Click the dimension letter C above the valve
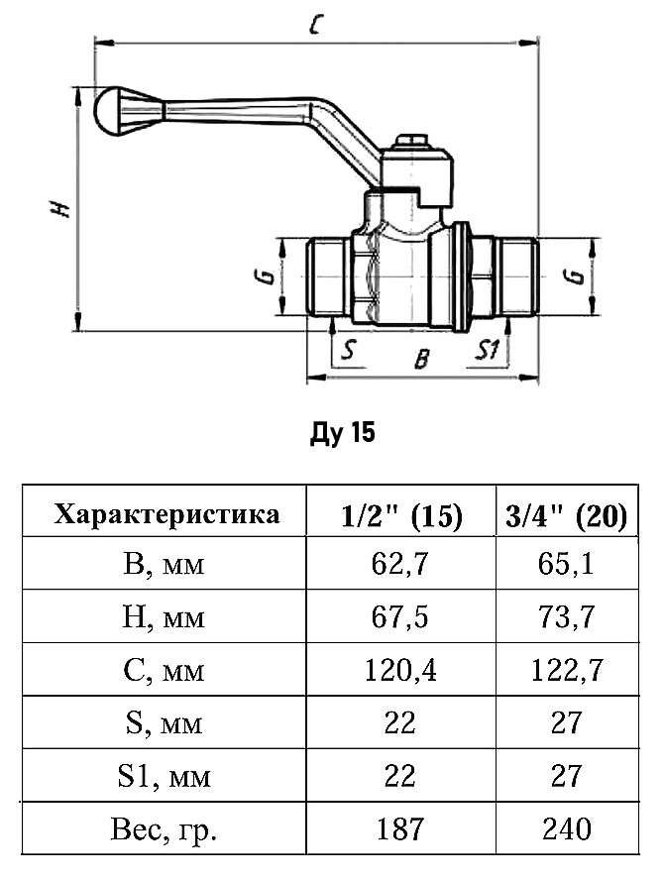[x=314, y=27]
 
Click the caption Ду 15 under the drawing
[x=343, y=434]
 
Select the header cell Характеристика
[x=166, y=514]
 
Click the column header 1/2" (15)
[x=400, y=515]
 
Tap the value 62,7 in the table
[x=400, y=566]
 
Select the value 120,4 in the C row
[x=400, y=671]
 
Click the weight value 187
[x=400, y=827]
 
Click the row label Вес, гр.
[x=166, y=828]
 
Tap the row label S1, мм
[x=166, y=776]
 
